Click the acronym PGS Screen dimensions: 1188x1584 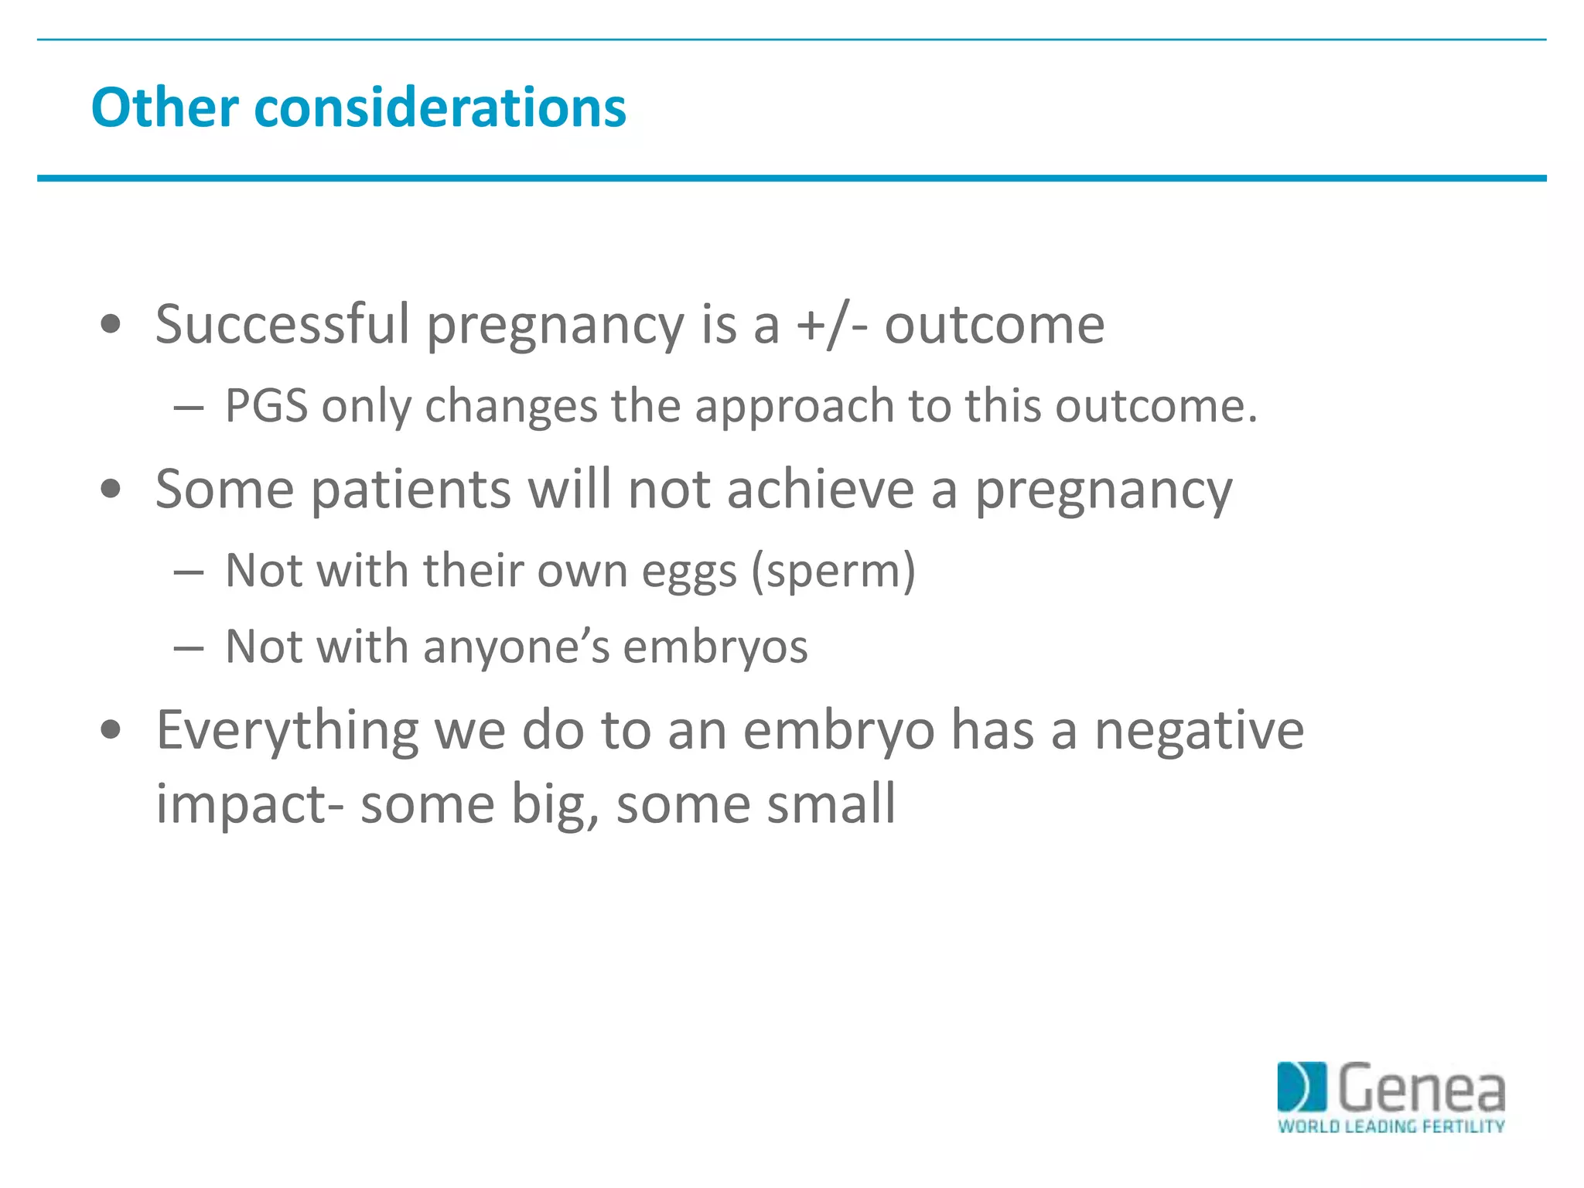(x=266, y=405)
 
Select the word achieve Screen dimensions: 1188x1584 (x=821, y=489)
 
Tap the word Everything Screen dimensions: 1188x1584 (x=287, y=730)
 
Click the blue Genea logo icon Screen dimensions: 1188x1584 (x=1301, y=1087)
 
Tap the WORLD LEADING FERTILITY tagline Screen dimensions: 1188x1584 (x=1391, y=1126)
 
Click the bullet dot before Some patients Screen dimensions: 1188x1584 (x=111, y=489)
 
